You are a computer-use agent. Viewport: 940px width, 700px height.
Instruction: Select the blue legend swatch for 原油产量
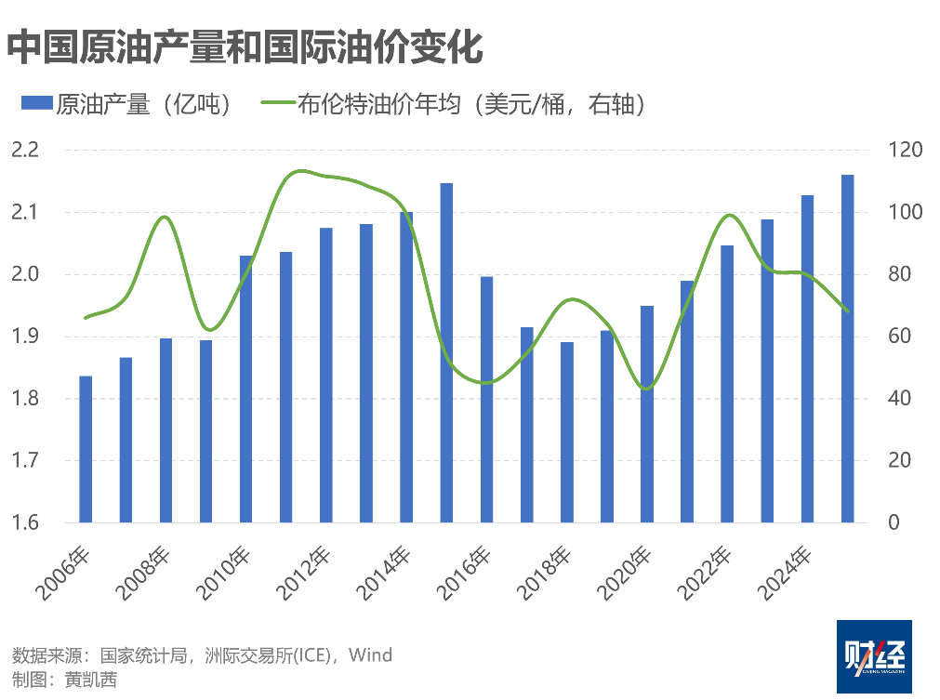(x=36, y=104)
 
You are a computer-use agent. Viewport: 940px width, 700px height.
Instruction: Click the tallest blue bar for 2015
(x=446, y=353)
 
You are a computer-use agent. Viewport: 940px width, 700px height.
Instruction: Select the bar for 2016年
(x=486, y=400)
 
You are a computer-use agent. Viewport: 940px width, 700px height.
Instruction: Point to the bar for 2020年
(x=647, y=414)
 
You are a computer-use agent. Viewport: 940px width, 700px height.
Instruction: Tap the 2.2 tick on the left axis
(x=25, y=151)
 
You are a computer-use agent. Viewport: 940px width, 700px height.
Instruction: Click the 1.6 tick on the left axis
(x=25, y=522)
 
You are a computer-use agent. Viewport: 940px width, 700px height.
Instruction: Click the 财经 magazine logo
(x=873, y=655)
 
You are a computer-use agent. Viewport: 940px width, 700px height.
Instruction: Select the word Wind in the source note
(x=372, y=655)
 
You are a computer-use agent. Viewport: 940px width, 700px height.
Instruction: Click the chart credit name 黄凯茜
(x=91, y=680)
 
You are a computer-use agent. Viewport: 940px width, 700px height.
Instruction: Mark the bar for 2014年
(x=406, y=367)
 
